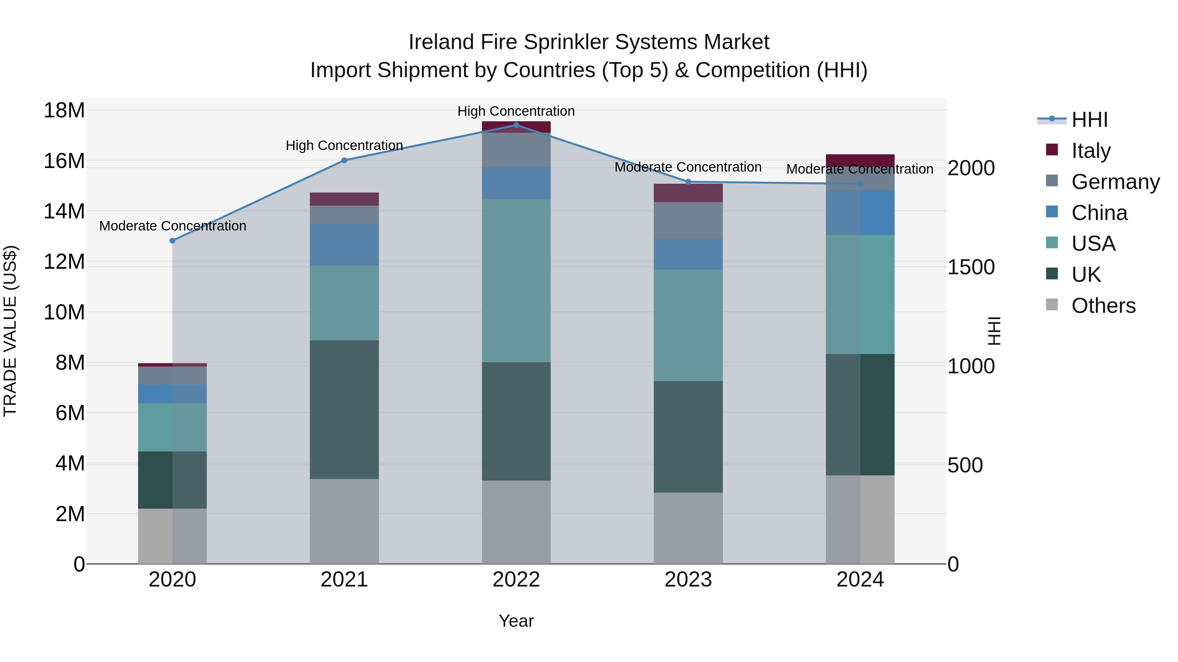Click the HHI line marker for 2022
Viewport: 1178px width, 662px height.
[x=516, y=125]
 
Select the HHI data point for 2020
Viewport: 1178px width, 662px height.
[x=172, y=241]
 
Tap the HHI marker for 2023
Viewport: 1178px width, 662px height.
[x=688, y=182]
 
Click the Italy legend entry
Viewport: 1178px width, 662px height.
[x=1091, y=151]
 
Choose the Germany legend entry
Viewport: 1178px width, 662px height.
[x=1115, y=182]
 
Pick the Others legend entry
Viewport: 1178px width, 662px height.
[x=1103, y=306]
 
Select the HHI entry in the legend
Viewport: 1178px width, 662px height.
[x=1089, y=120]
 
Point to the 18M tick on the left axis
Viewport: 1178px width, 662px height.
[x=64, y=110]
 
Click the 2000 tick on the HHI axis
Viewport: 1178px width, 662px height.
[x=971, y=168]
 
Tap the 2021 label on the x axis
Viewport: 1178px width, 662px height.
[x=344, y=580]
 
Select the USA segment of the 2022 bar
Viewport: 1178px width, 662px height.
[x=516, y=280]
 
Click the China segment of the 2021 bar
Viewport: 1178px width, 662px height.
[x=344, y=245]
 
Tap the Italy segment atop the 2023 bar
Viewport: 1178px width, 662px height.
[x=688, y=193]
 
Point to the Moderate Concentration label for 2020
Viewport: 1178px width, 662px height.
[x=172, y=226]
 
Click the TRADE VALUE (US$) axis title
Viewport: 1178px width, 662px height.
[x=10, y=331]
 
